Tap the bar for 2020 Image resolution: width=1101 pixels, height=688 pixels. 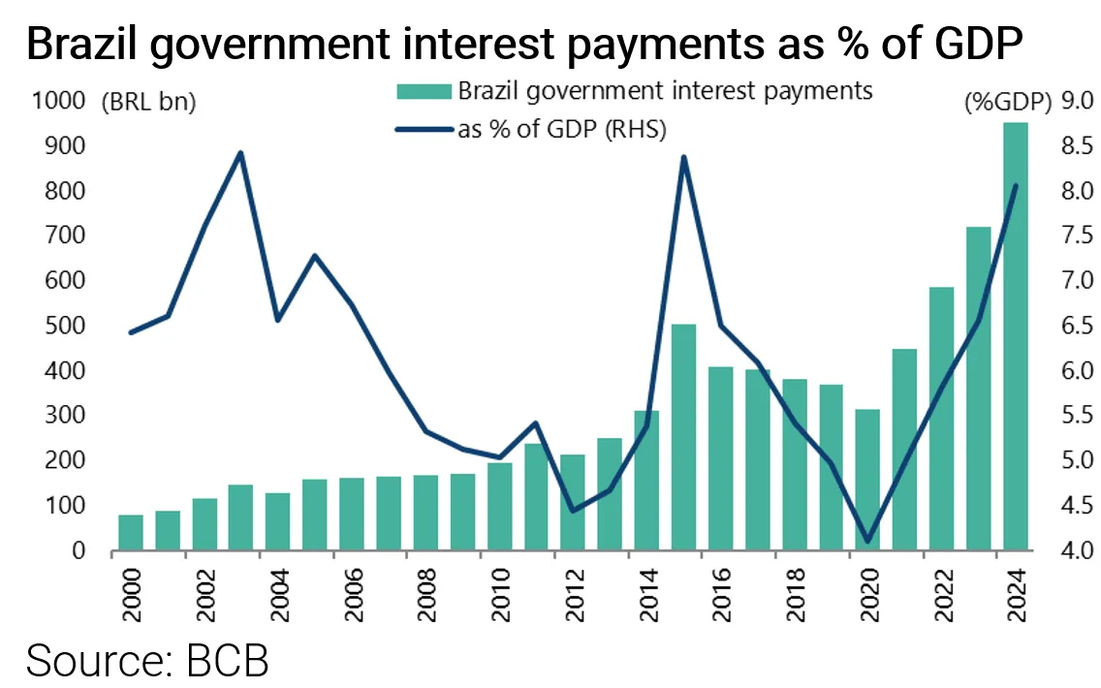867,481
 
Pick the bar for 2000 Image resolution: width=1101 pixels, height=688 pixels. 131,533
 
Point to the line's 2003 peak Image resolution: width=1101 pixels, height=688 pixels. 240,153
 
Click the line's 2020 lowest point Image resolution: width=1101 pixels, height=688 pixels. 867,542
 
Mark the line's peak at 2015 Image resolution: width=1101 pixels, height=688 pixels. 683,157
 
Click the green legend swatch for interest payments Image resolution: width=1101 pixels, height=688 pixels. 424,91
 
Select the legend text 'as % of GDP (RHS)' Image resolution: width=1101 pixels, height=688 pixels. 561,130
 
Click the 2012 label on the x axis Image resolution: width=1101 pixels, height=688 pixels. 573,586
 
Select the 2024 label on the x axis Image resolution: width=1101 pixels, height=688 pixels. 1015,586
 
